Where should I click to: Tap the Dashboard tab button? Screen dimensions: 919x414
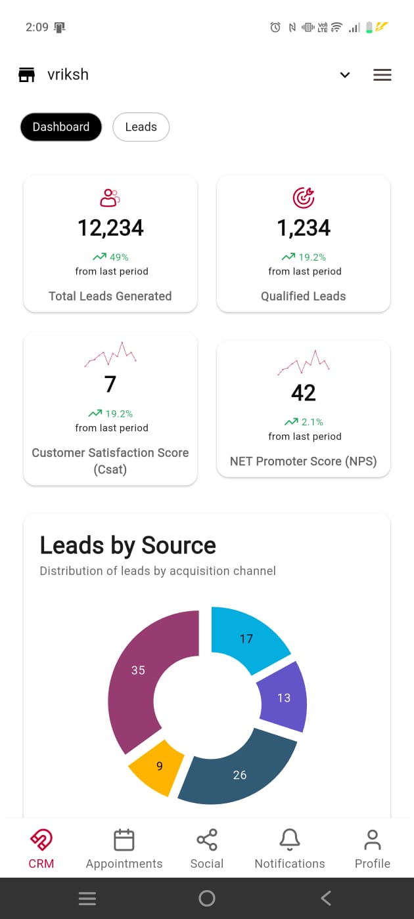61,127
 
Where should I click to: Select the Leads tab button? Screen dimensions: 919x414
141,127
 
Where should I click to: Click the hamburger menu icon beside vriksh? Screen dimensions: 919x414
382,75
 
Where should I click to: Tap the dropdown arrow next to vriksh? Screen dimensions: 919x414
345,75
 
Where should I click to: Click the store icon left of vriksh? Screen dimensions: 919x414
26,75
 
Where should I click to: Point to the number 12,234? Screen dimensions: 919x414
110,228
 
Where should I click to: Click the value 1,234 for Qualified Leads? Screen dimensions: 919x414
304,228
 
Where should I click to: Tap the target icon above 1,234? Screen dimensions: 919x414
304,197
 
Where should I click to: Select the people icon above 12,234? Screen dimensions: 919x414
110,197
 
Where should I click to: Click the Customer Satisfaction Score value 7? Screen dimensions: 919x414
110,384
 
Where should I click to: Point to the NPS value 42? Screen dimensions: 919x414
304,393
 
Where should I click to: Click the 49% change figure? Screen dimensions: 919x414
118,257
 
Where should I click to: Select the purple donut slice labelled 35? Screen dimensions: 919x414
141,676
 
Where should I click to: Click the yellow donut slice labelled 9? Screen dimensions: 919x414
158,766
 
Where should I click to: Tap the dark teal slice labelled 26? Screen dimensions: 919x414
240,775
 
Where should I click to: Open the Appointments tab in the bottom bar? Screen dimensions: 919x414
124,848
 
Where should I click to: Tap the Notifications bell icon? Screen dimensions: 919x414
290,840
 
